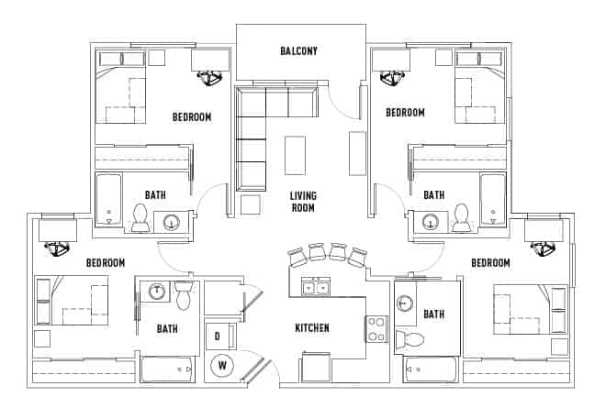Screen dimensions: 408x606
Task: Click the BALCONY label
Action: click(x=298, y=51)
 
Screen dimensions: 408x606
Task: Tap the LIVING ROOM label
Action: click(x=302, y=202)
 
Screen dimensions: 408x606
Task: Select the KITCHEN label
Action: click(x=312, y=328)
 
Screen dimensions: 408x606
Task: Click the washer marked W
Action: click(x=221, y=366)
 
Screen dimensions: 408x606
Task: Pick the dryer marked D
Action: click(x=218, y=336)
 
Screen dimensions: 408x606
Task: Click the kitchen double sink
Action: click(x=316, y=287)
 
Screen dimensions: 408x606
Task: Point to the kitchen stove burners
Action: click(x=376, y=328)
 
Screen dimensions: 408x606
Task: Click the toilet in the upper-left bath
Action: click(x=141, y=217)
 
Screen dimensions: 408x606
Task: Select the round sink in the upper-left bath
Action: click(x=172, y=221)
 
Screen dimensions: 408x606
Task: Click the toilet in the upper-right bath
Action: click(x=462, y=217)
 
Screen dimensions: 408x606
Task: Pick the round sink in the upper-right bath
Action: click(x=431, y=221)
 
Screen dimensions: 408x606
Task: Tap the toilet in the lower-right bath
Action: click(x=413, y=340)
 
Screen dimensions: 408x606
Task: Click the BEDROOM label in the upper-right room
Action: click(x=405, y=113)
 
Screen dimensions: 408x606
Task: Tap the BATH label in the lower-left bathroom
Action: click(x=166, y=328)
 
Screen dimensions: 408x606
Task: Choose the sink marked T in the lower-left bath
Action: click(x=157, y=291)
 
